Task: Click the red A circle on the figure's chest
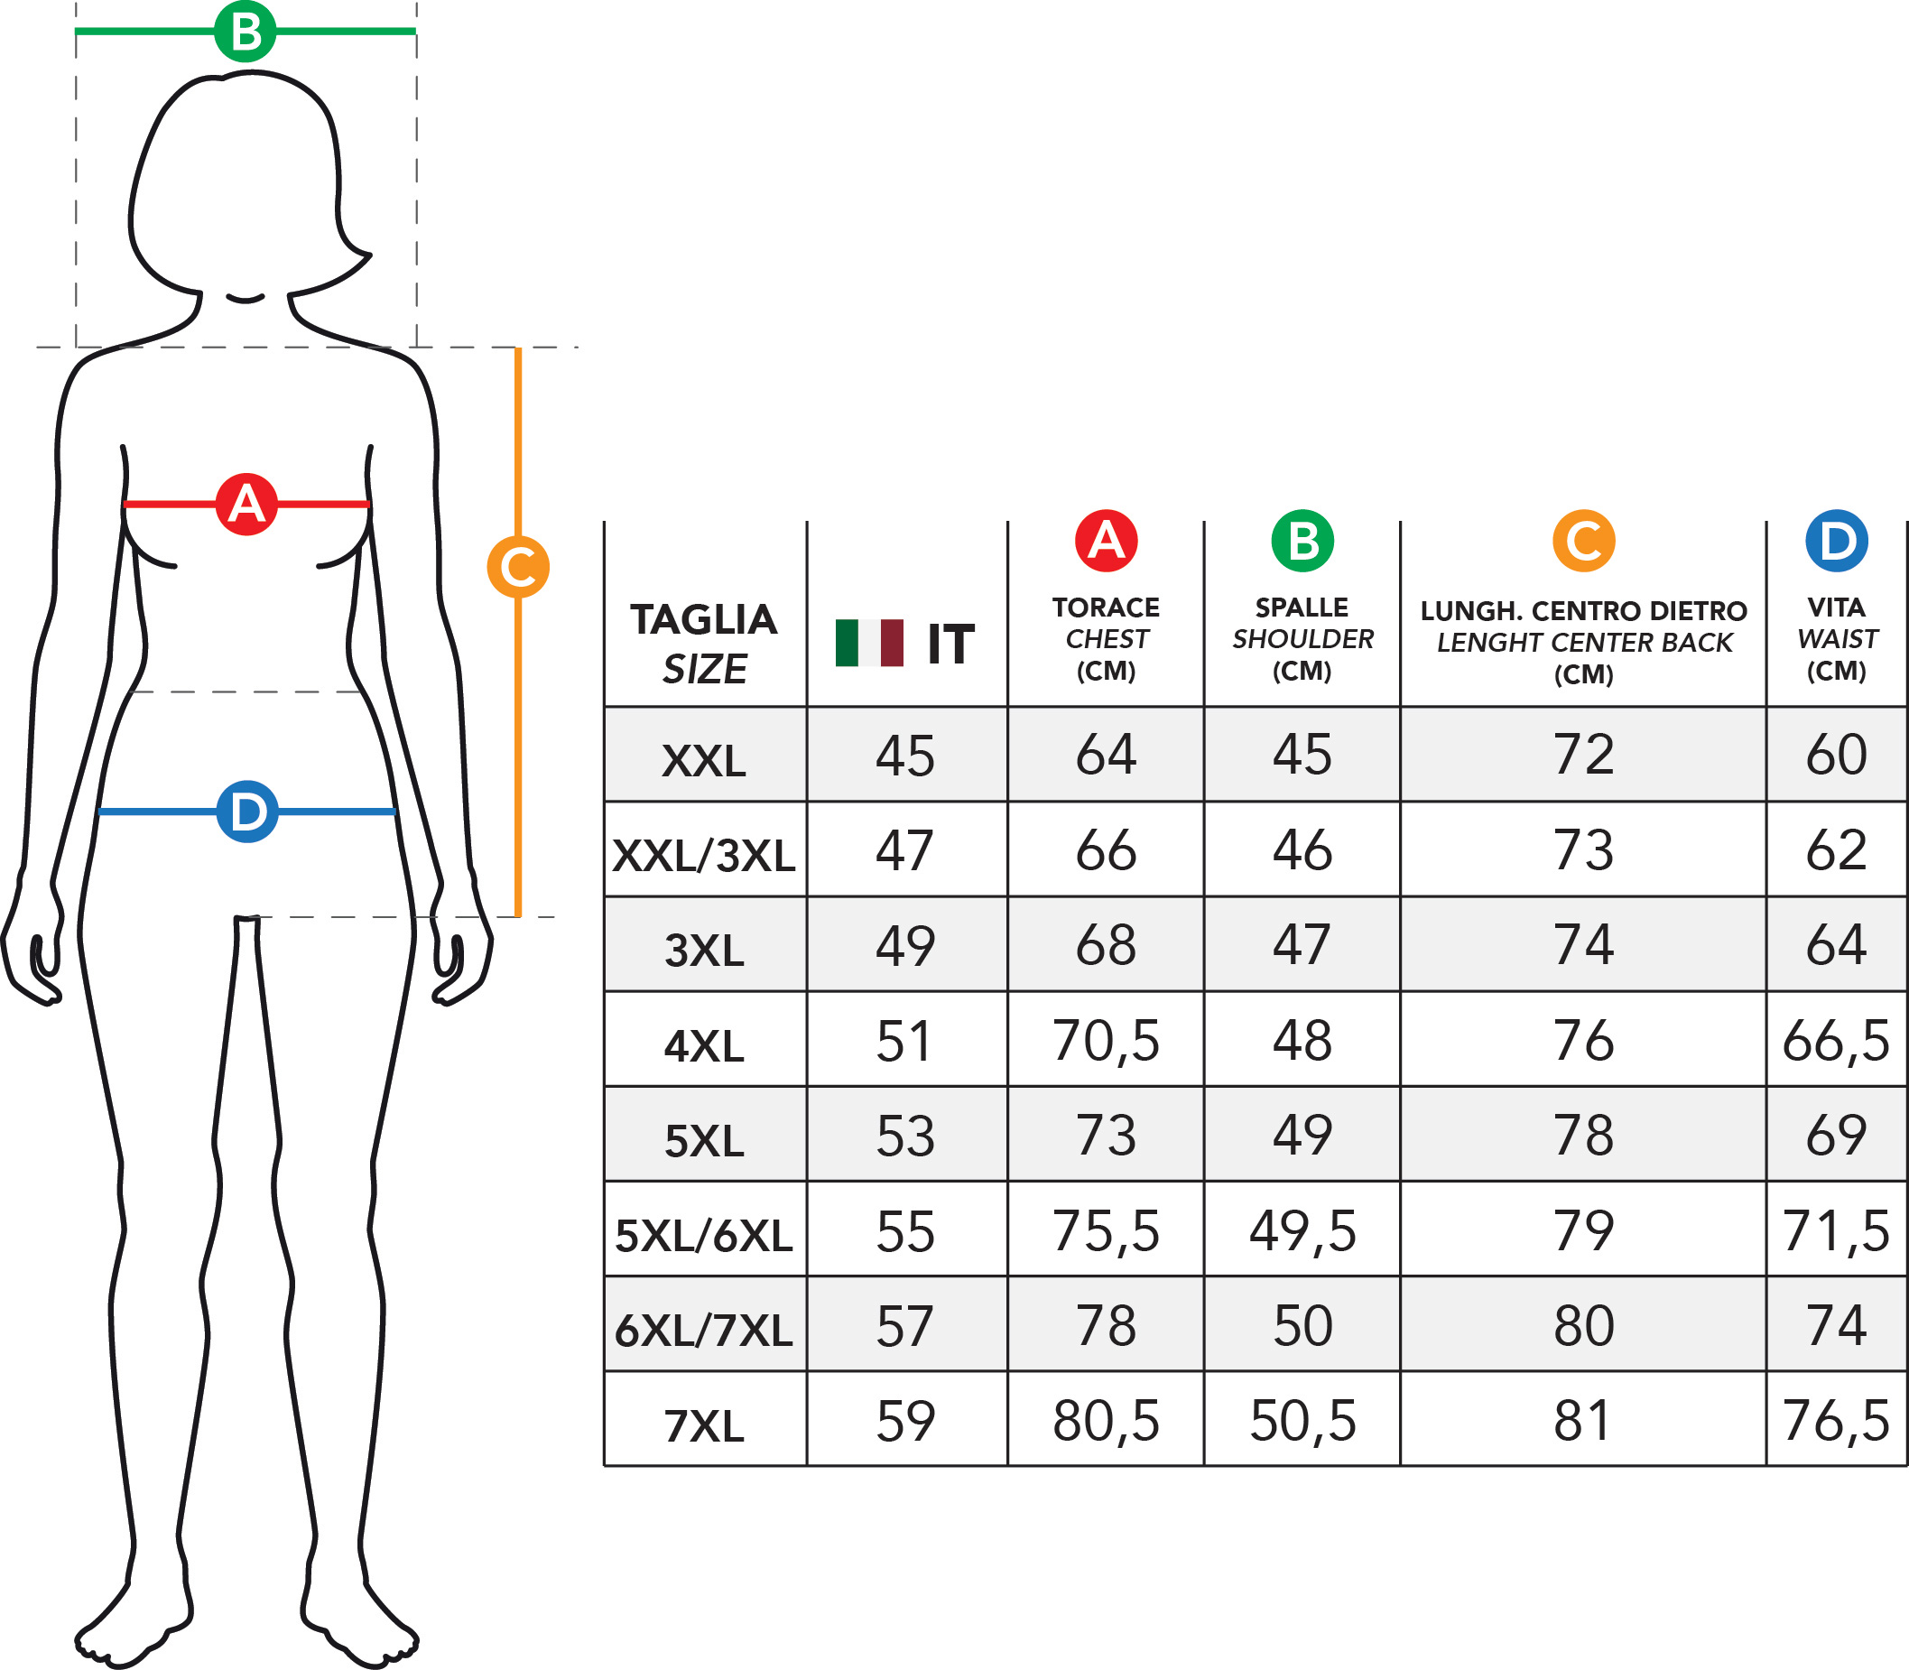246,505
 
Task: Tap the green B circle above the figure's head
245,31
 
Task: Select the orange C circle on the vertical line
518,567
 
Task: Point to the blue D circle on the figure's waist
247,812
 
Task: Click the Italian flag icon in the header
869,643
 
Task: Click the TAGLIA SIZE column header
704,644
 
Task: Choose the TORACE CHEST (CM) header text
1106,639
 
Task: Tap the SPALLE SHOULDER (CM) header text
1302,639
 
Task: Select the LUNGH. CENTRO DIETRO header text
1584,611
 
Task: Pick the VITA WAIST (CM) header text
1836,639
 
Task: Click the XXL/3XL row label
704,856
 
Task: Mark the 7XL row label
704,1427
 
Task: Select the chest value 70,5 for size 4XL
1106,1041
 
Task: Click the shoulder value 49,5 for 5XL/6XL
1302,1231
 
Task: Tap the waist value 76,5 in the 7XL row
1836,1421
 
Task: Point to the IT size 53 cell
904,1136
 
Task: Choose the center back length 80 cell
1583,1326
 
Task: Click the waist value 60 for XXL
1836,754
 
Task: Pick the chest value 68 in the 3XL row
1106,945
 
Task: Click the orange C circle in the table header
1583,541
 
